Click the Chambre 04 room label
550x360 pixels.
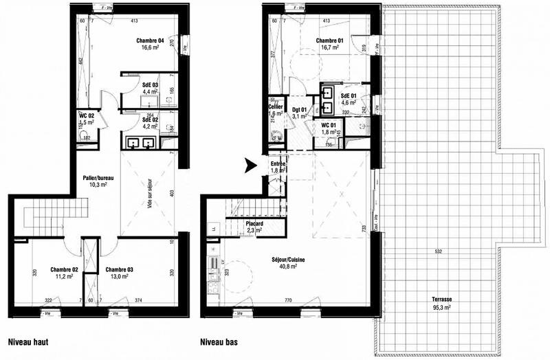(x=151, y=41)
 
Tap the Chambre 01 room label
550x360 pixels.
(x=329, y=41)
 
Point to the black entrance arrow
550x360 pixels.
(x=250, y=165)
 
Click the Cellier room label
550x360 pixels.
(x=276, y=106)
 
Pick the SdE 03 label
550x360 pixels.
(x=151, y=85)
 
